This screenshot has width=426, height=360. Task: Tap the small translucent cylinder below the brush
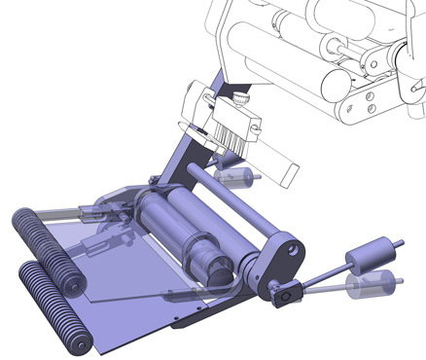tap(239, 177)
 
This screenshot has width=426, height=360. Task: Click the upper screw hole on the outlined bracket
tap(368, 95)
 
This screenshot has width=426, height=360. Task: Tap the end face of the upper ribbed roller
tap(69, 283)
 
